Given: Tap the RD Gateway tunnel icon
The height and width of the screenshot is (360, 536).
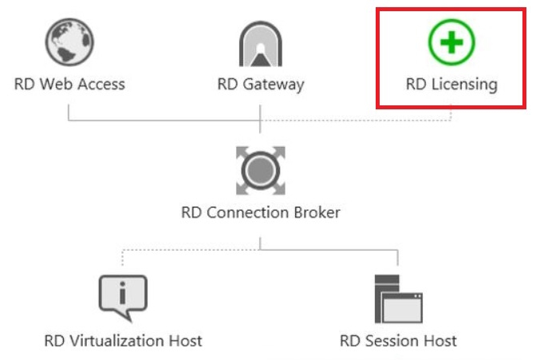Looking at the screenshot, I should point(261,43).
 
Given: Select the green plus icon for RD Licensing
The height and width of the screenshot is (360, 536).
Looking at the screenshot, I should point(451,41).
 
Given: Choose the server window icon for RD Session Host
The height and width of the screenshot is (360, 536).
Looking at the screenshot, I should point(398,299).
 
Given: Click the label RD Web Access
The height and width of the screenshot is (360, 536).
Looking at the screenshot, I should point(69,84).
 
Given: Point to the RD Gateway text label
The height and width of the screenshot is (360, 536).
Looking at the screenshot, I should point(261,84).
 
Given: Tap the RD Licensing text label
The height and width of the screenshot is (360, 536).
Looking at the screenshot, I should point(451,84).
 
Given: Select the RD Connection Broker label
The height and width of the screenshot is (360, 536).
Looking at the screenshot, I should point(261,212).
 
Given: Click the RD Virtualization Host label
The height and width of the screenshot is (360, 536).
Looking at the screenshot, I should point(123,341).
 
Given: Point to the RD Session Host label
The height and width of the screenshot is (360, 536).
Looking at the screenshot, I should point(398,341).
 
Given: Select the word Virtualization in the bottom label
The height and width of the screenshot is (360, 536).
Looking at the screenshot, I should point(115,341).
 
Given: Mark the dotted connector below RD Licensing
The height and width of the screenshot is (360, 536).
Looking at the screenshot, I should point(451,112).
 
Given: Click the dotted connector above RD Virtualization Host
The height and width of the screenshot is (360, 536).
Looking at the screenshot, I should point(123,259).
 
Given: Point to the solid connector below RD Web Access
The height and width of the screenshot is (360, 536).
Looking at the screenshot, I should point(69,112).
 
